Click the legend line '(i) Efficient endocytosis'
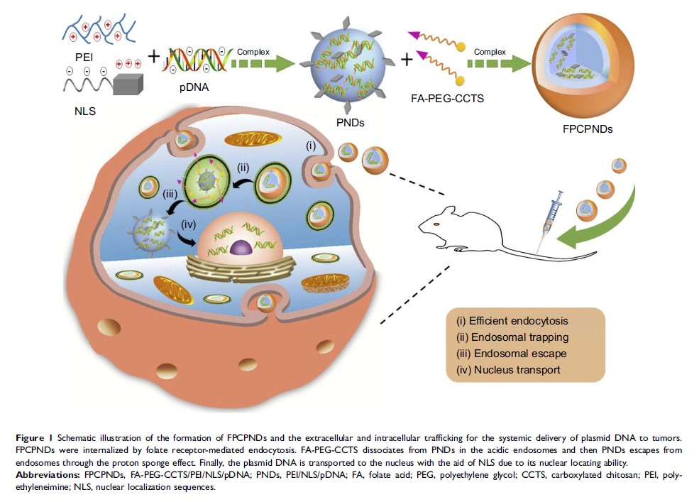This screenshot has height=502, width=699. (514, 320)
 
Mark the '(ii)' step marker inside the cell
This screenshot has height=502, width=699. (243, 168)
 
